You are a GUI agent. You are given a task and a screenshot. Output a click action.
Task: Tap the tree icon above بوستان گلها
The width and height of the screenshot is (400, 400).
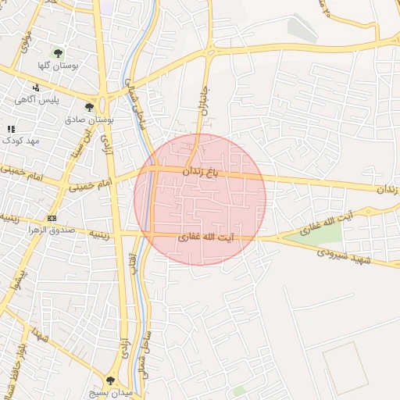(x=58, y=53)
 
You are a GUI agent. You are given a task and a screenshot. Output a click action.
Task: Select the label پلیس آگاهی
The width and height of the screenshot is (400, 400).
(x=36, y=100)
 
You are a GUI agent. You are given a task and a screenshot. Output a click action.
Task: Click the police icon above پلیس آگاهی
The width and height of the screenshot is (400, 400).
(x=36, y=87)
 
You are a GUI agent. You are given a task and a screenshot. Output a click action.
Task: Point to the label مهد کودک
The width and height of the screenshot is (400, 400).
(x=20, y=141)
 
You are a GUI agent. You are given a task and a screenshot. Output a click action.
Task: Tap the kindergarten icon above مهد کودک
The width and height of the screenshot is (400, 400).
(x=11, y=128)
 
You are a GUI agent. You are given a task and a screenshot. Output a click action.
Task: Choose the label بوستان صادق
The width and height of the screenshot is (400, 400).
(x=90, y=121)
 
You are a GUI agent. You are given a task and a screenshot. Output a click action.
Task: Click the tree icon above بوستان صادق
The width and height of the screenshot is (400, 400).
(x=89, y=107)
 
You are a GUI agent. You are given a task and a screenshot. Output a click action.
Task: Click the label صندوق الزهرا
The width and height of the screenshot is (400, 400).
(x=52, y=230)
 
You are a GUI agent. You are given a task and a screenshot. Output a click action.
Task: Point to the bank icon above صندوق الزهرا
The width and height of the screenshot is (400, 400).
(x=52, y=218)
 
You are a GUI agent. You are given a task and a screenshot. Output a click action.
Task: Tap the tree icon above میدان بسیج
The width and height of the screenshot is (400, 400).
(x=111, y=380)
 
